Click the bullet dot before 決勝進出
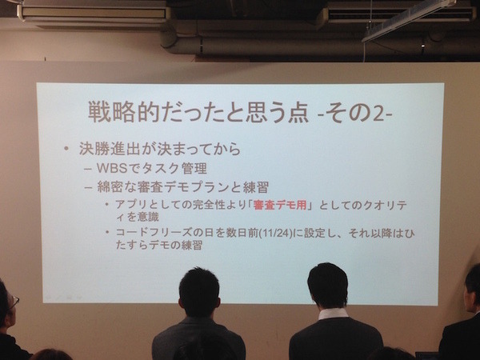click(x=66, y=150)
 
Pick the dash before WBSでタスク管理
click(x=88, y=170)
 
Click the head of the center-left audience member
click(x=198, y=292)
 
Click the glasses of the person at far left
click(x=12, y=302)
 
